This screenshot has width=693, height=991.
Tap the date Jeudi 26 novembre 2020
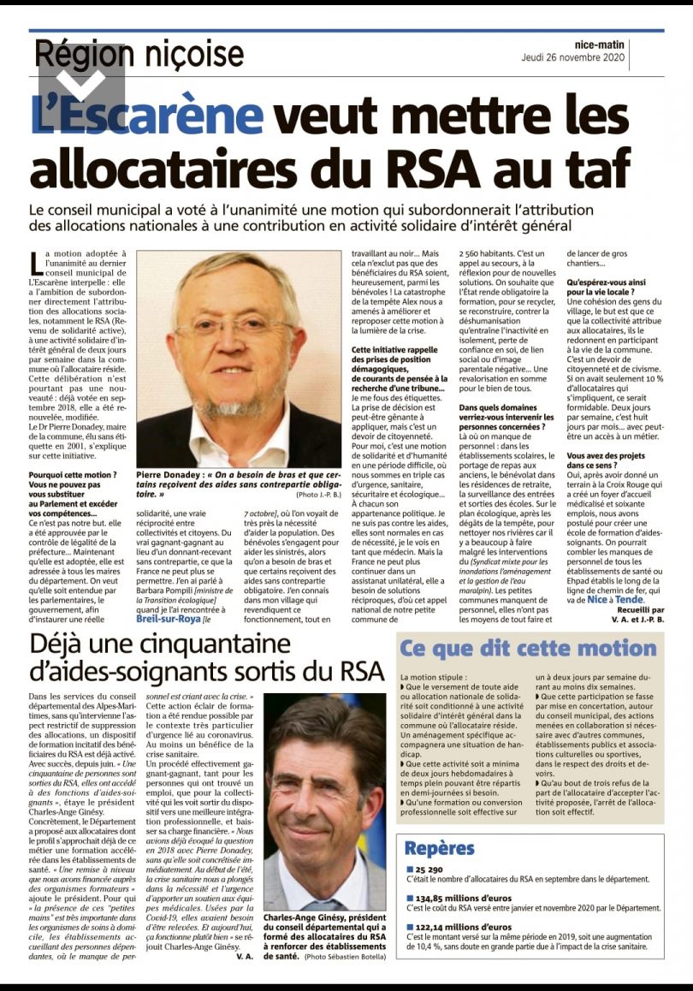tap(573, 58)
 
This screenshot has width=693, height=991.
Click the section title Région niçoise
tap(139, 55)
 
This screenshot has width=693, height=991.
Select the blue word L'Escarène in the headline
tap(146, 116)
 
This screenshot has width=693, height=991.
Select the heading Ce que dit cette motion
tap(528, 648)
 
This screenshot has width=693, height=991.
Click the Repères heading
tap(439, 848)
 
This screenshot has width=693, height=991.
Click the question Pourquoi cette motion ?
tap(73, 473)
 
